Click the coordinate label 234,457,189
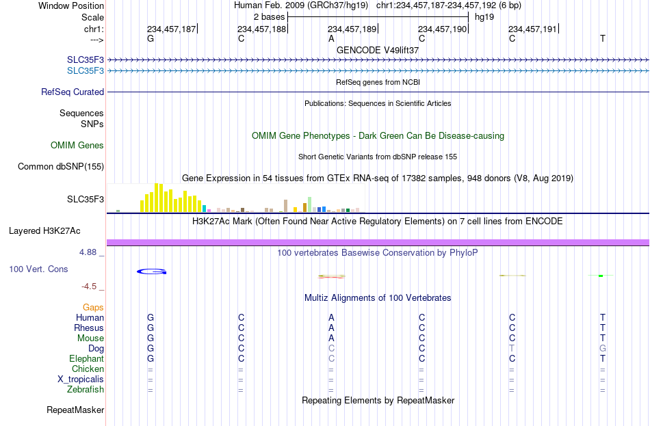352,29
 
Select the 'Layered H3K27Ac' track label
44,231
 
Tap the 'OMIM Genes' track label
77,145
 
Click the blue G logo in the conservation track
152,271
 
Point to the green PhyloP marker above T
601,276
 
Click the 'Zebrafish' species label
86,390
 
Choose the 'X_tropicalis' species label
81,380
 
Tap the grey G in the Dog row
602,349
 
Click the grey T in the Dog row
512,349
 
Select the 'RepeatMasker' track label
75,410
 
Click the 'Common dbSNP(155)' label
61,167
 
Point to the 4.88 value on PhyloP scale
88,252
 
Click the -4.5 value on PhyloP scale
89,287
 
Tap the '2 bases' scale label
270,17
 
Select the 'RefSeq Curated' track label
73,92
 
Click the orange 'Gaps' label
93,308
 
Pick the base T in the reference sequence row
602,38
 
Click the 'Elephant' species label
87,358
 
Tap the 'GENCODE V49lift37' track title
378,50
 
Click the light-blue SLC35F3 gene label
86,71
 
